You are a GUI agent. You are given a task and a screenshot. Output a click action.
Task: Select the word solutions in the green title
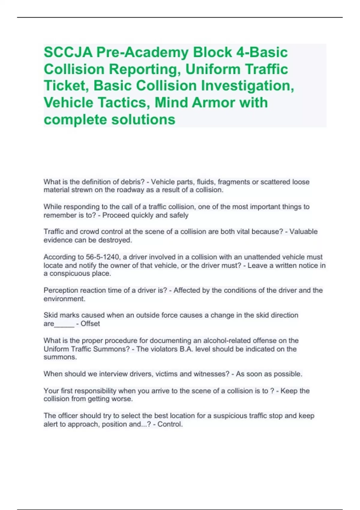pyautogui.click(x=143, y=119)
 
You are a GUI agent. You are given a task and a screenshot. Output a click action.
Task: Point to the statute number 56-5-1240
pyautogui.click(x=102, y=257)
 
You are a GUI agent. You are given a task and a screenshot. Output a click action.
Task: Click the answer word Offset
pyautogui.click(x=90, y=324)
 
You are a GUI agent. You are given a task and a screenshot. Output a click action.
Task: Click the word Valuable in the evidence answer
pyautogui.click(x=303, y=232)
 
